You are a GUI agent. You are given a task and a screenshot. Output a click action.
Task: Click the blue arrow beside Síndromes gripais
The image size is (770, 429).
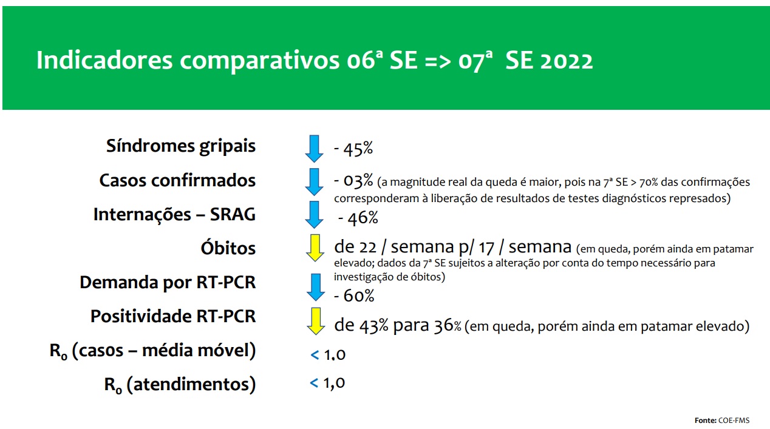314,149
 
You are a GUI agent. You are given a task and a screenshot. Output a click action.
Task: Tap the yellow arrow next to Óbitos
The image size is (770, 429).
315,248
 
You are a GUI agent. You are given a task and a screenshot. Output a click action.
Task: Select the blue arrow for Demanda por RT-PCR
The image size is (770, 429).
316,288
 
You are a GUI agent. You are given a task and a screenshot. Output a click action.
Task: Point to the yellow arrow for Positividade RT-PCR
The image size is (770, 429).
316,321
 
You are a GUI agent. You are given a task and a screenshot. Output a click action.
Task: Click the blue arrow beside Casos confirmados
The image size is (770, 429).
314,182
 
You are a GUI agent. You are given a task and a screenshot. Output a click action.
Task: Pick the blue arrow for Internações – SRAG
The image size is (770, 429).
314,215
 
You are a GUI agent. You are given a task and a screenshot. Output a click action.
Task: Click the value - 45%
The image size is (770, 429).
353,149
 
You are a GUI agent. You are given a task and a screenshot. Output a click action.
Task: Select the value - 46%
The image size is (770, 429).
358,218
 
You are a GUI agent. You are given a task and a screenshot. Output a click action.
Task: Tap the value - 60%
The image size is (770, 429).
354,296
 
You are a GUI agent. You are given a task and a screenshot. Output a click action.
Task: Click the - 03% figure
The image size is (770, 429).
353,181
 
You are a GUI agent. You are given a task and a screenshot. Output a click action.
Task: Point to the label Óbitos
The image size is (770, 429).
228,248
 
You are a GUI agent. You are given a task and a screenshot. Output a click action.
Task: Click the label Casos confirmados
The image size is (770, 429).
177,180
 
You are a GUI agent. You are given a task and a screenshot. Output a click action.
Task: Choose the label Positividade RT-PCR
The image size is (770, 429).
173,316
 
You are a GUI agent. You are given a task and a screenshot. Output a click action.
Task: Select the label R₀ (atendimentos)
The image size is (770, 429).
180,385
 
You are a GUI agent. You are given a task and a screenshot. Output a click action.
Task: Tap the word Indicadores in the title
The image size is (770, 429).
104,61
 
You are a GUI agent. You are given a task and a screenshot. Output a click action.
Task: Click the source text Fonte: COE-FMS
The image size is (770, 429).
722,421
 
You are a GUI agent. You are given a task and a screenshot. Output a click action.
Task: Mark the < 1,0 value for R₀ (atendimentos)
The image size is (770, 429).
327,383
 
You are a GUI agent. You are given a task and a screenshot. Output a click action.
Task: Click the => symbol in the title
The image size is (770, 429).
438,62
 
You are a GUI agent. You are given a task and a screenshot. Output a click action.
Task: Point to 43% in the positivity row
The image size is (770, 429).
374,326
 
